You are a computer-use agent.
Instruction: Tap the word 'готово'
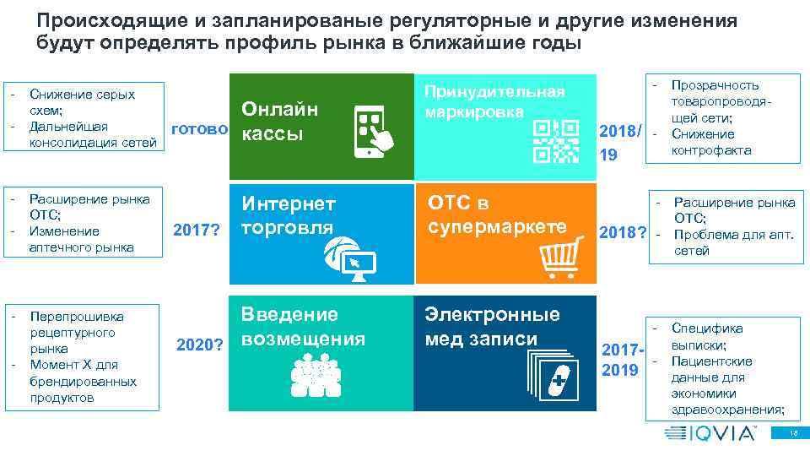(x=199, y=129)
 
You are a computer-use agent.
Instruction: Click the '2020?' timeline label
(x=199, y=345)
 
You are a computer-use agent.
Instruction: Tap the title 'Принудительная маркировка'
(x=494, y=100)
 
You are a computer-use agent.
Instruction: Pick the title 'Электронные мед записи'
(x=492, y=327)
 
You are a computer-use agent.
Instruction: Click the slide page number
(x=792, y=433)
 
